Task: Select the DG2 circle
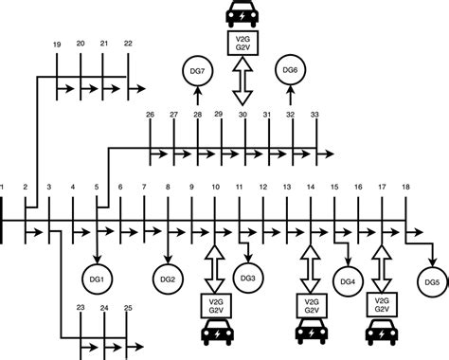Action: pyautogui.click(x=168, y=279)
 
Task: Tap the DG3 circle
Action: pyautogui.click(x=248, y=278)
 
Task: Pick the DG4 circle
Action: pyautogui.click(x=348, y=280)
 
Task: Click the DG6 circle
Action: pyautogui.click(x=291, y=69)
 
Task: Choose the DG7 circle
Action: pyautogui.click(x=197, y=69)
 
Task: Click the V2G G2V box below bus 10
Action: pyautogui.click(x=215, y=305)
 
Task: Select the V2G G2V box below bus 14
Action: pyautogui.click(x=310, y=305)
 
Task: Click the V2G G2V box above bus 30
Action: pyautogui.click(x=242, y=42)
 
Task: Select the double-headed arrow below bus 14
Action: pyautogui.click(x=310, y=269)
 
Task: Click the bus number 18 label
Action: pyautogui.click(x=405, y=189)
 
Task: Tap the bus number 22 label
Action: pyautogui.click(x=128, y=44)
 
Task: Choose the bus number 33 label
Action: pyautogui.click(x=314, y=115)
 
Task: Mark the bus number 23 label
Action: pyautogui.click(x=81, y=308)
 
